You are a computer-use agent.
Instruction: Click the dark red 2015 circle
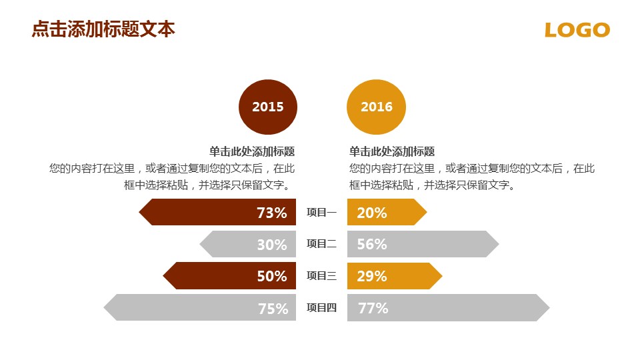click(267, 107)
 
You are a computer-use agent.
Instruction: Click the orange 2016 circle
click(376, 107)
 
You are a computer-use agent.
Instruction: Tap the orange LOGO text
click(577, 30)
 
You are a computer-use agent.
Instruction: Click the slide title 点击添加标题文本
click(103, 29)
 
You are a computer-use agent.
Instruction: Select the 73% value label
click(271, 213)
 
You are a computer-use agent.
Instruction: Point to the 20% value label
click(372, 213)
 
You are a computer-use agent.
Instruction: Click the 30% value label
click(271, 245)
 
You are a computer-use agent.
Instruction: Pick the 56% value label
click(372, 244)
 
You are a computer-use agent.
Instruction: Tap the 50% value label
click(271, 276)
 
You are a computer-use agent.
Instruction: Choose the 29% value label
click(372, 276)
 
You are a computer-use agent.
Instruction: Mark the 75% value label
click(273, 308)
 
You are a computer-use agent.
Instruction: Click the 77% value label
click(373, 308)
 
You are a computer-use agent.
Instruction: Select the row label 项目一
click(321, 213)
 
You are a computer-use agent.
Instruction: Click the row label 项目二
click(321, 244)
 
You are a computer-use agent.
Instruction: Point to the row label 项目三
click(321, 276)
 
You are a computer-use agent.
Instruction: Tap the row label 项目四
click(321, 308)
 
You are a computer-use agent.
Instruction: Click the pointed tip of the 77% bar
click(546, 307)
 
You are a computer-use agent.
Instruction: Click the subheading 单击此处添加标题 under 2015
click(252, 151)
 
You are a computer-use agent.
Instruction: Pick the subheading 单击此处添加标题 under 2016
click(392, 151)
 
